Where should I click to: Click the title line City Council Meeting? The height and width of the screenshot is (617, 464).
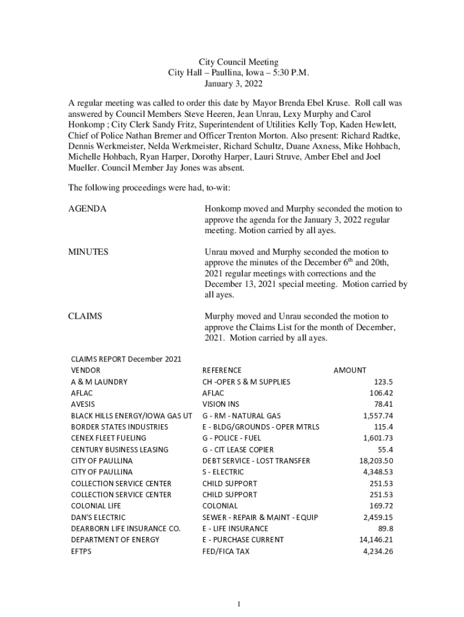(x=239, y=62)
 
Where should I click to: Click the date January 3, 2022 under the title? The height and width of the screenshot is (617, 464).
(x=239, y=84)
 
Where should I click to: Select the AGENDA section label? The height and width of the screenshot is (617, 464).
(x=87, y=209)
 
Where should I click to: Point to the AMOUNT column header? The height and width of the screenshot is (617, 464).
(x=350, y=370)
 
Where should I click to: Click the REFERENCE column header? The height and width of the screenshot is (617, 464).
(x=222, y=370)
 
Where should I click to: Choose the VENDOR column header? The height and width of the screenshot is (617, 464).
(x=86, y=370)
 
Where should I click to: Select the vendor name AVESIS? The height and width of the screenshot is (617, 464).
(x=83, y=404)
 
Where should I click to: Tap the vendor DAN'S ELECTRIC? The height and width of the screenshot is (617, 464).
(x=98, y=518)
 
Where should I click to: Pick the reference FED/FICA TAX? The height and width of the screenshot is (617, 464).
(x=225, y=551)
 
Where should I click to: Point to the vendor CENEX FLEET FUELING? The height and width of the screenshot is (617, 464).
(x=109, y=438)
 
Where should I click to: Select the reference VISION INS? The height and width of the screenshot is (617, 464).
(x=221, y=404)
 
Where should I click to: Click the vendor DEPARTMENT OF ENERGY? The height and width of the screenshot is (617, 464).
(x=115, y=540)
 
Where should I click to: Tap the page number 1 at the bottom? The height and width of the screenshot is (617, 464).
(x=239, y=604)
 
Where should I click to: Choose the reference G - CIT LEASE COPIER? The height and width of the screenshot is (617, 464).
(x=237, y=449)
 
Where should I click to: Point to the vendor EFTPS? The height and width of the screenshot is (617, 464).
(x=81, y=551)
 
